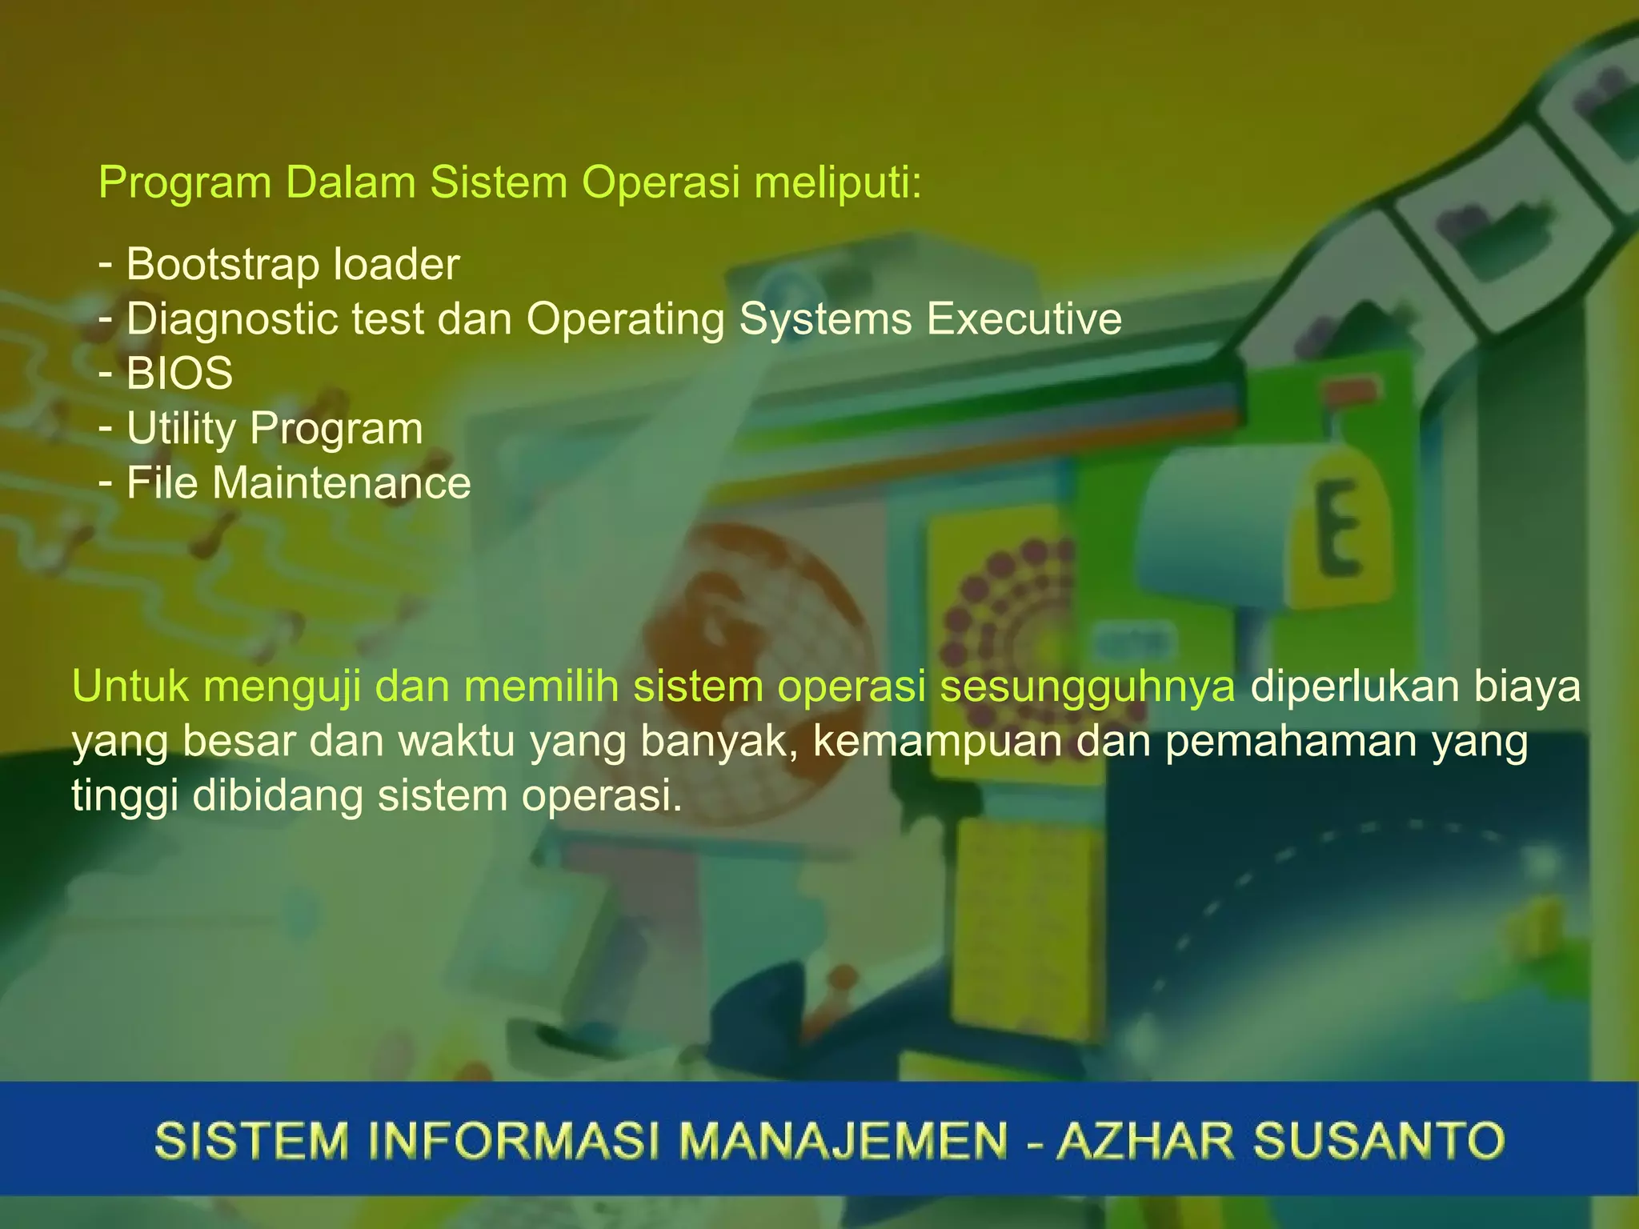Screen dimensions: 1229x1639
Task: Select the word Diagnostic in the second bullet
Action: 231,319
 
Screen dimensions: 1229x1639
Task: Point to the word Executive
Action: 1024,319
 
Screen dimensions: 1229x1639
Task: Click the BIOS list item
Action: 179,374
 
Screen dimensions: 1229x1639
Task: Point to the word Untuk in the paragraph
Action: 130,687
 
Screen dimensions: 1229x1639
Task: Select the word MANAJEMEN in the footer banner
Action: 844,1140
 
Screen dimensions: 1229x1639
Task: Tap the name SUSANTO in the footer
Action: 1378,1140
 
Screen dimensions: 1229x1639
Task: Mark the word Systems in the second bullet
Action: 825,319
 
